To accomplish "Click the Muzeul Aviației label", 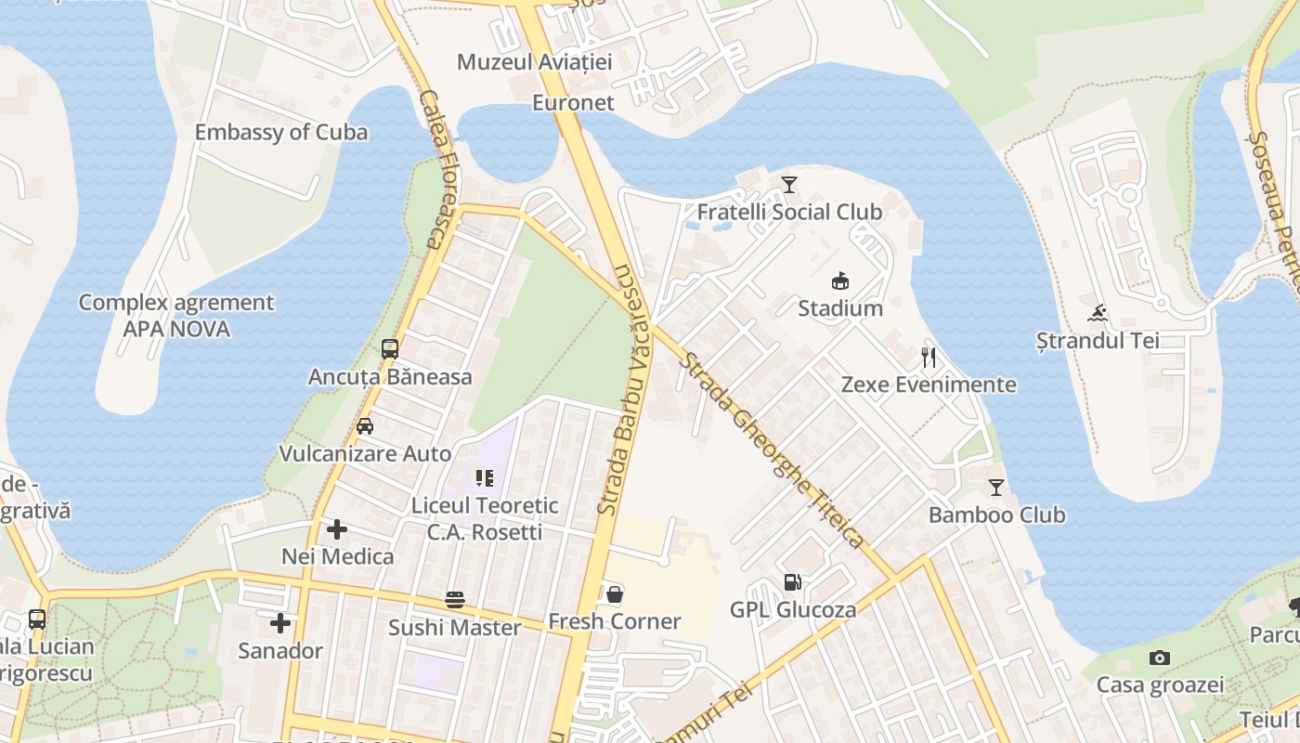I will click(x=535, y=62).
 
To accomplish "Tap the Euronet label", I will click(x=573, y=102).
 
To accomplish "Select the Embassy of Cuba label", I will click(x=280, y=132).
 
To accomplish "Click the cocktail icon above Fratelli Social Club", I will click(x=789, y=185).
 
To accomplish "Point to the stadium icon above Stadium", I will click(x=840, y=280).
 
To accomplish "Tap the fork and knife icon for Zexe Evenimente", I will click(x=929, y=358).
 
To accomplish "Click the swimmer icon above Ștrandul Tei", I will click(x=1098, y=313).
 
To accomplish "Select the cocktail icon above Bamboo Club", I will click(x=996, y=488).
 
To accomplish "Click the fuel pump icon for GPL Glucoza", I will click(x=792, y=582).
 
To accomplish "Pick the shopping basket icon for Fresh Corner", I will click(x=614, y=594).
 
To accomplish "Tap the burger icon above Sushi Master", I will click(x=454, y=600).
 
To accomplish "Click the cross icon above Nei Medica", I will click(x=337, y=529).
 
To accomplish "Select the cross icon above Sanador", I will click(x=279, y=623).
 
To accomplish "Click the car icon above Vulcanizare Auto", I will click(x=365, y=426).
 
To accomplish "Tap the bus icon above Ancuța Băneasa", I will click(x=390, y=349).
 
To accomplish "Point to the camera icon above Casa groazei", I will click(x=1159, y=658).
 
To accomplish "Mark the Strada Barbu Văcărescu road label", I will click(x=629, y=390).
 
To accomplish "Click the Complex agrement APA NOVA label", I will click(x=176, y=316).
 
